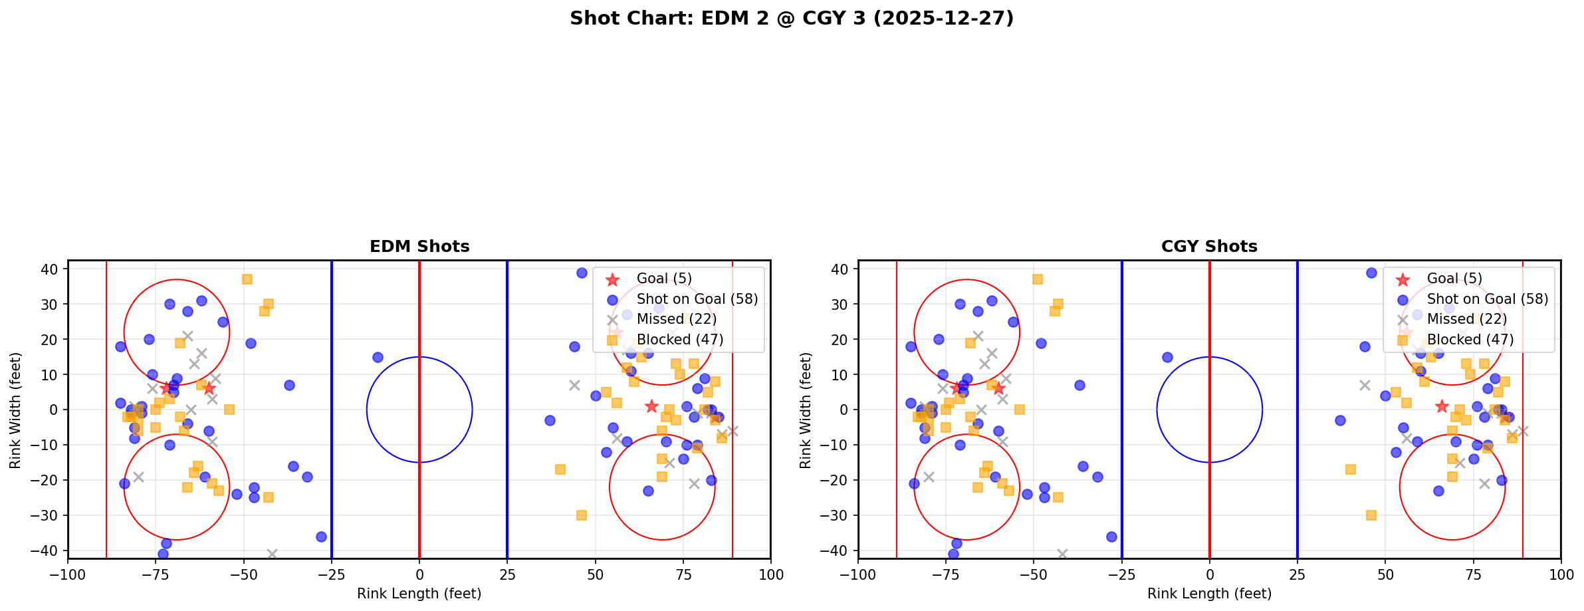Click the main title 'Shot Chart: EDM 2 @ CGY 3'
click(x=791, y=19)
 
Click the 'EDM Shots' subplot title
click(x=419, y=247)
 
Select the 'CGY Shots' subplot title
click(x=1209, y=247)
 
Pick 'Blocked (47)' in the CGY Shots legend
click(x=1470, y=340)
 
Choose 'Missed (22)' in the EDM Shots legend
click(x=676, y=319)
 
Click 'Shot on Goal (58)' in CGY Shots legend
click(x=1487, y=299)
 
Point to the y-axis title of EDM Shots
click(x=15, y=410)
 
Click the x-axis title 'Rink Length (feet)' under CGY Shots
click(x=1209, y=594)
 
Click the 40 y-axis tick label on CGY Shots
click(x=838, y=269)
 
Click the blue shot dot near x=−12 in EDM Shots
click(x=378, y=357)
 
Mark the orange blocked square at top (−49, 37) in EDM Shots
click(x=247, y=279)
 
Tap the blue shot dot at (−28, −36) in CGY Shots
click(x=1111, y=537)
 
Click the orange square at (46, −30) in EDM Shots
click(x=581, y=515)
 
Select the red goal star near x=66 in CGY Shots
click(x=1441, y=406)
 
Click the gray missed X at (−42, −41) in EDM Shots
click(x=272, y=554)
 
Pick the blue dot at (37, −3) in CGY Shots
click(x=1339, y=420)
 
